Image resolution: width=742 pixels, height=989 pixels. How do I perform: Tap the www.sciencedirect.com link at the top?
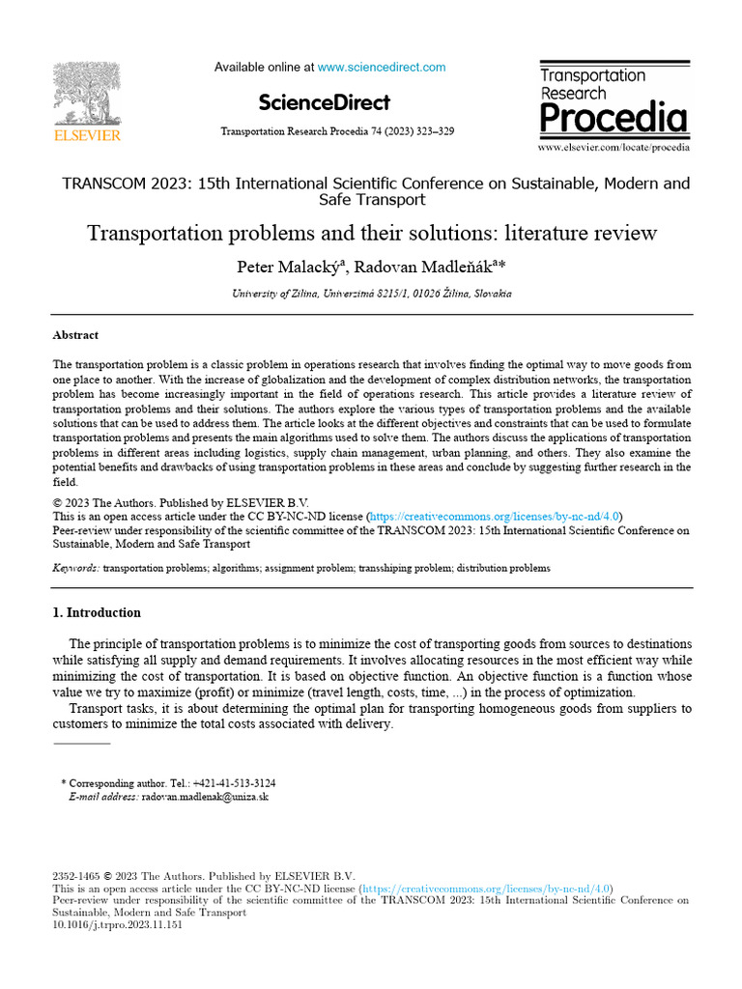point(382,68)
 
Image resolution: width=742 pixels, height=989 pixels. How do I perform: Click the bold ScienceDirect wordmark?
point(325,102)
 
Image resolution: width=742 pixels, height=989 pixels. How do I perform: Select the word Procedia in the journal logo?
point(614,119)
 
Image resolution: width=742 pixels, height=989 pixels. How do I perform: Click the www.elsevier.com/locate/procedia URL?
point(614,148)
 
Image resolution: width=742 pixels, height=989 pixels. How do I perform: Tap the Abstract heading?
point(75,335)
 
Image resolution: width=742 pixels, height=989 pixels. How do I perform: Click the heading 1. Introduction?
point(96,612)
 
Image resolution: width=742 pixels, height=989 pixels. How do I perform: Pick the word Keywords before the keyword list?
point(74,569)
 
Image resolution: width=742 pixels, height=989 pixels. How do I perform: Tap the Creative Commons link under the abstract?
point(494,516)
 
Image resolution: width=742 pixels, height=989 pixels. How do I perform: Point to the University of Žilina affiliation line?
point(370,293)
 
